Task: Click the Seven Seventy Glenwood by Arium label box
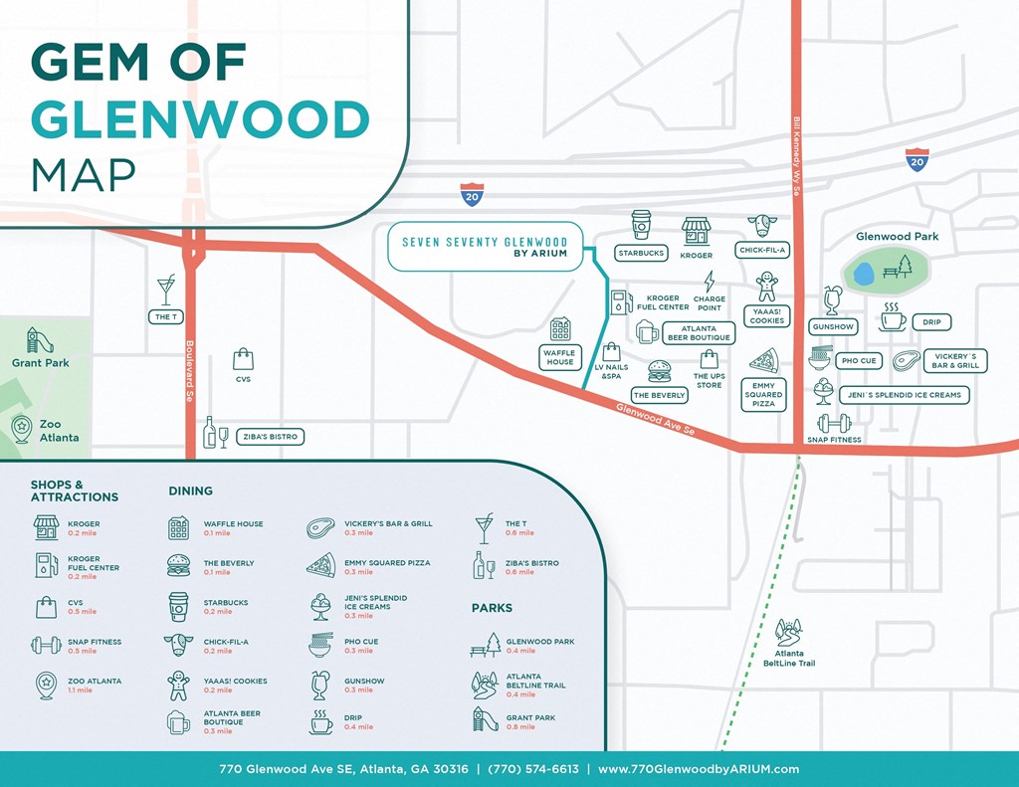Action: click(485, 247)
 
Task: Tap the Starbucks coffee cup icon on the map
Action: click(641, 225)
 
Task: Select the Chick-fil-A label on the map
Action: click(762, 251)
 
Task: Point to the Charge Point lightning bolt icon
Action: click(709, 281)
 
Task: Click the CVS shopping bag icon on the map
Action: click(243, 359)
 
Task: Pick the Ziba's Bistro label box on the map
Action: click(269, 437)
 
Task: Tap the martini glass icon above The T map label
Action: click(165, 290)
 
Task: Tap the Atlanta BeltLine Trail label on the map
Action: click(789, 658)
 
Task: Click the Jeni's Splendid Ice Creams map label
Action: click(904, 395)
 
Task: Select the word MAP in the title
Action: click(84, 173)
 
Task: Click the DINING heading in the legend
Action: click(190, 491)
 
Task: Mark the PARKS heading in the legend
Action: click(493, 608)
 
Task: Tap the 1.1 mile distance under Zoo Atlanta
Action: click(80, 690)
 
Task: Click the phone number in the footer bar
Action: click(537, 769)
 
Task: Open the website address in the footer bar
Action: click(699, 769)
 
